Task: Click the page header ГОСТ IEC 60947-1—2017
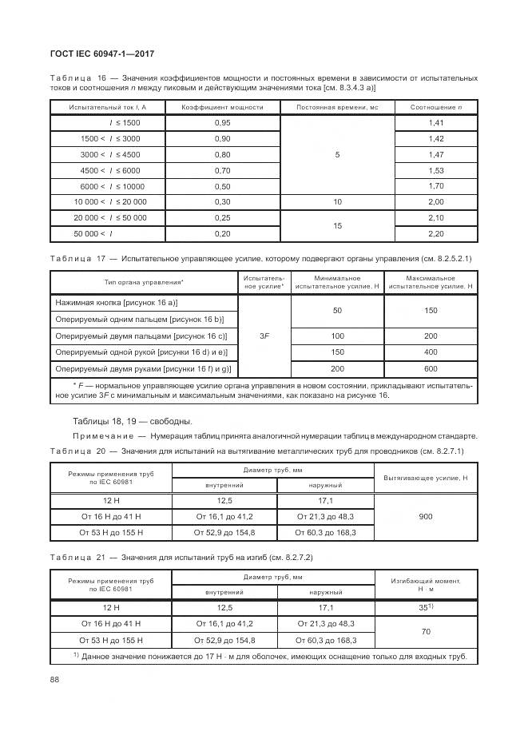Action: (101, 54)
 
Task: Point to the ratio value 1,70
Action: (436, 186)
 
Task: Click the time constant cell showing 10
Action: (337, 202)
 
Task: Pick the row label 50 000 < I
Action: (93, 234)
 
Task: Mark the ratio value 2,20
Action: (436, 234)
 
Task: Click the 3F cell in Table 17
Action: (264, 336)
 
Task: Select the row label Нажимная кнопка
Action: (117, 304)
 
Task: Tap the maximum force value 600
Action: (431, 368)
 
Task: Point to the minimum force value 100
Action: (337, 336)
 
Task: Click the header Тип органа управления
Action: (143, 282)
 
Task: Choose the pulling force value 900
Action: (426, 517)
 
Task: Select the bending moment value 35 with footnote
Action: (426, 608)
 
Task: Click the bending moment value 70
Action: (426, 632)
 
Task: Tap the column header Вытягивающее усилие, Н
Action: (426, 477)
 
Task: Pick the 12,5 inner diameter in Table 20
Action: (223, 501)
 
